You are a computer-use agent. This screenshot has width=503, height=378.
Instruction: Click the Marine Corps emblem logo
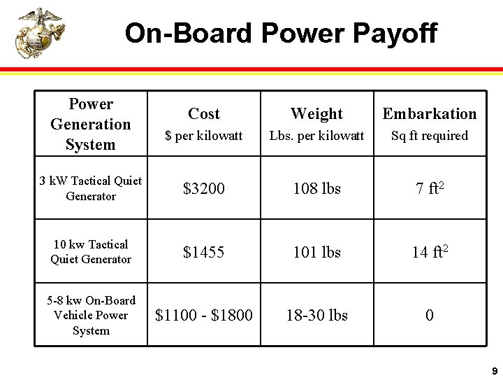click(x=40, y=33)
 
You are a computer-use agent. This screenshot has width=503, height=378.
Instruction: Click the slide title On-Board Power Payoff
click(x=281, y=33)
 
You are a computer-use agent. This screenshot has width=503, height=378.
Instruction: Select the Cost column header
click(x=204, y=114)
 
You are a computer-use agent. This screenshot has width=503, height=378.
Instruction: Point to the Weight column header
click(x=316, y=114)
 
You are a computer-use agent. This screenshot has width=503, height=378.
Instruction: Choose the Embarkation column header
click(x=430, y=114)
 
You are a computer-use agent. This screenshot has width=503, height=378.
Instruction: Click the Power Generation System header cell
click(x=91, y=124)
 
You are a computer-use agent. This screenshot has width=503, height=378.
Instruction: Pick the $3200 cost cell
click(x=204, y=188)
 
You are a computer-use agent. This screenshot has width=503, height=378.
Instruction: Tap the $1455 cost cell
click(x=204, y=252)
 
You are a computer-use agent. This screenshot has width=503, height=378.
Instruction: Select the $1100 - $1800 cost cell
click(x=204, y=316)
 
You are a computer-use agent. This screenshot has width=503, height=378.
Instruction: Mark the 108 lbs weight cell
click(x=316, y=188)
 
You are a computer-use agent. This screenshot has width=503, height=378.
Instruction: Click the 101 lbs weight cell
click(x=316, y=252)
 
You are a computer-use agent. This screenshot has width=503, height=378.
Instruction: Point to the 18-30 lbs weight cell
click(x=316, y=316)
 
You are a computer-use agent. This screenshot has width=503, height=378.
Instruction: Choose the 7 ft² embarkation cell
click(x=430, y=188)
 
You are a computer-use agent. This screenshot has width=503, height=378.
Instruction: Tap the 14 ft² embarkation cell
click(x=430, y=252)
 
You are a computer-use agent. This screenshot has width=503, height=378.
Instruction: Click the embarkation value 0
click(x=430, y=316)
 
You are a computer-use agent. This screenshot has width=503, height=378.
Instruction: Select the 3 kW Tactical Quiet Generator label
click(x=91, y=188)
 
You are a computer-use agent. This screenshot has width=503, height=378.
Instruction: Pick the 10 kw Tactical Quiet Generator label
click(x=91, y=252)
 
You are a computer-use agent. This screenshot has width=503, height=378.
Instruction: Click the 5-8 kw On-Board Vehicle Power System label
click(x=91, y=316)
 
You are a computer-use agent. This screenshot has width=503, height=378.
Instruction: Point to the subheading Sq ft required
click(x=430, y=136)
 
